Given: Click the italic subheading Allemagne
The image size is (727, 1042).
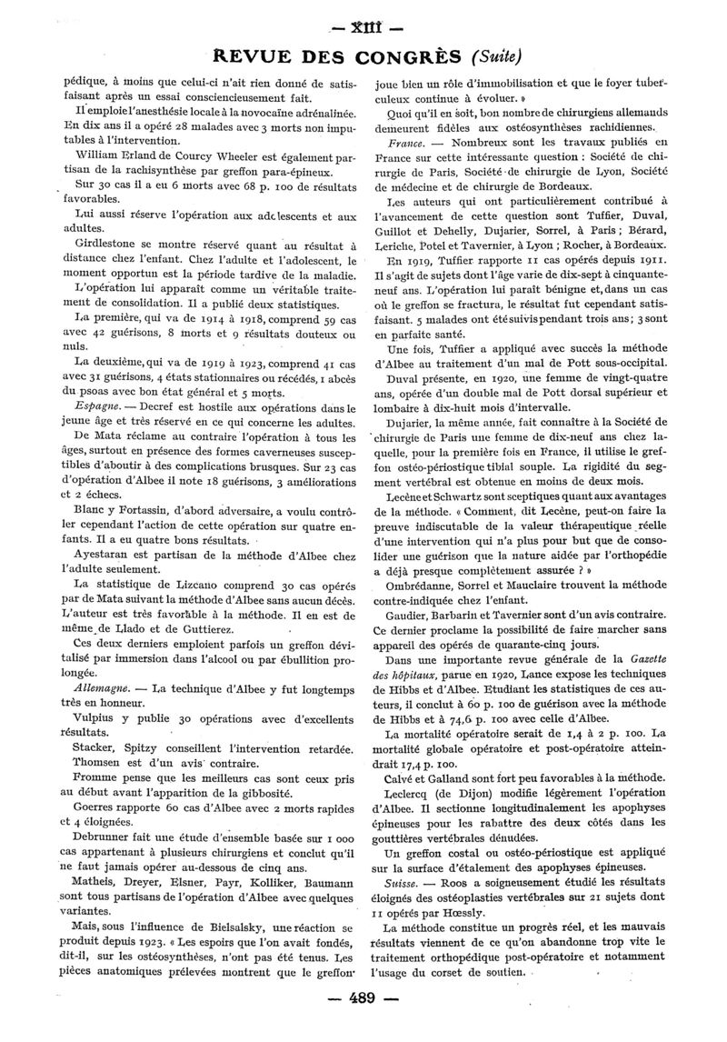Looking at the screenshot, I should (x=105, y=693).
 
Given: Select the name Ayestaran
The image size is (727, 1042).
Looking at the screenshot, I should (x=107, y=554).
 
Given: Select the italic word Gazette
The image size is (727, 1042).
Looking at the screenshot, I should (x=641, y=657).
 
